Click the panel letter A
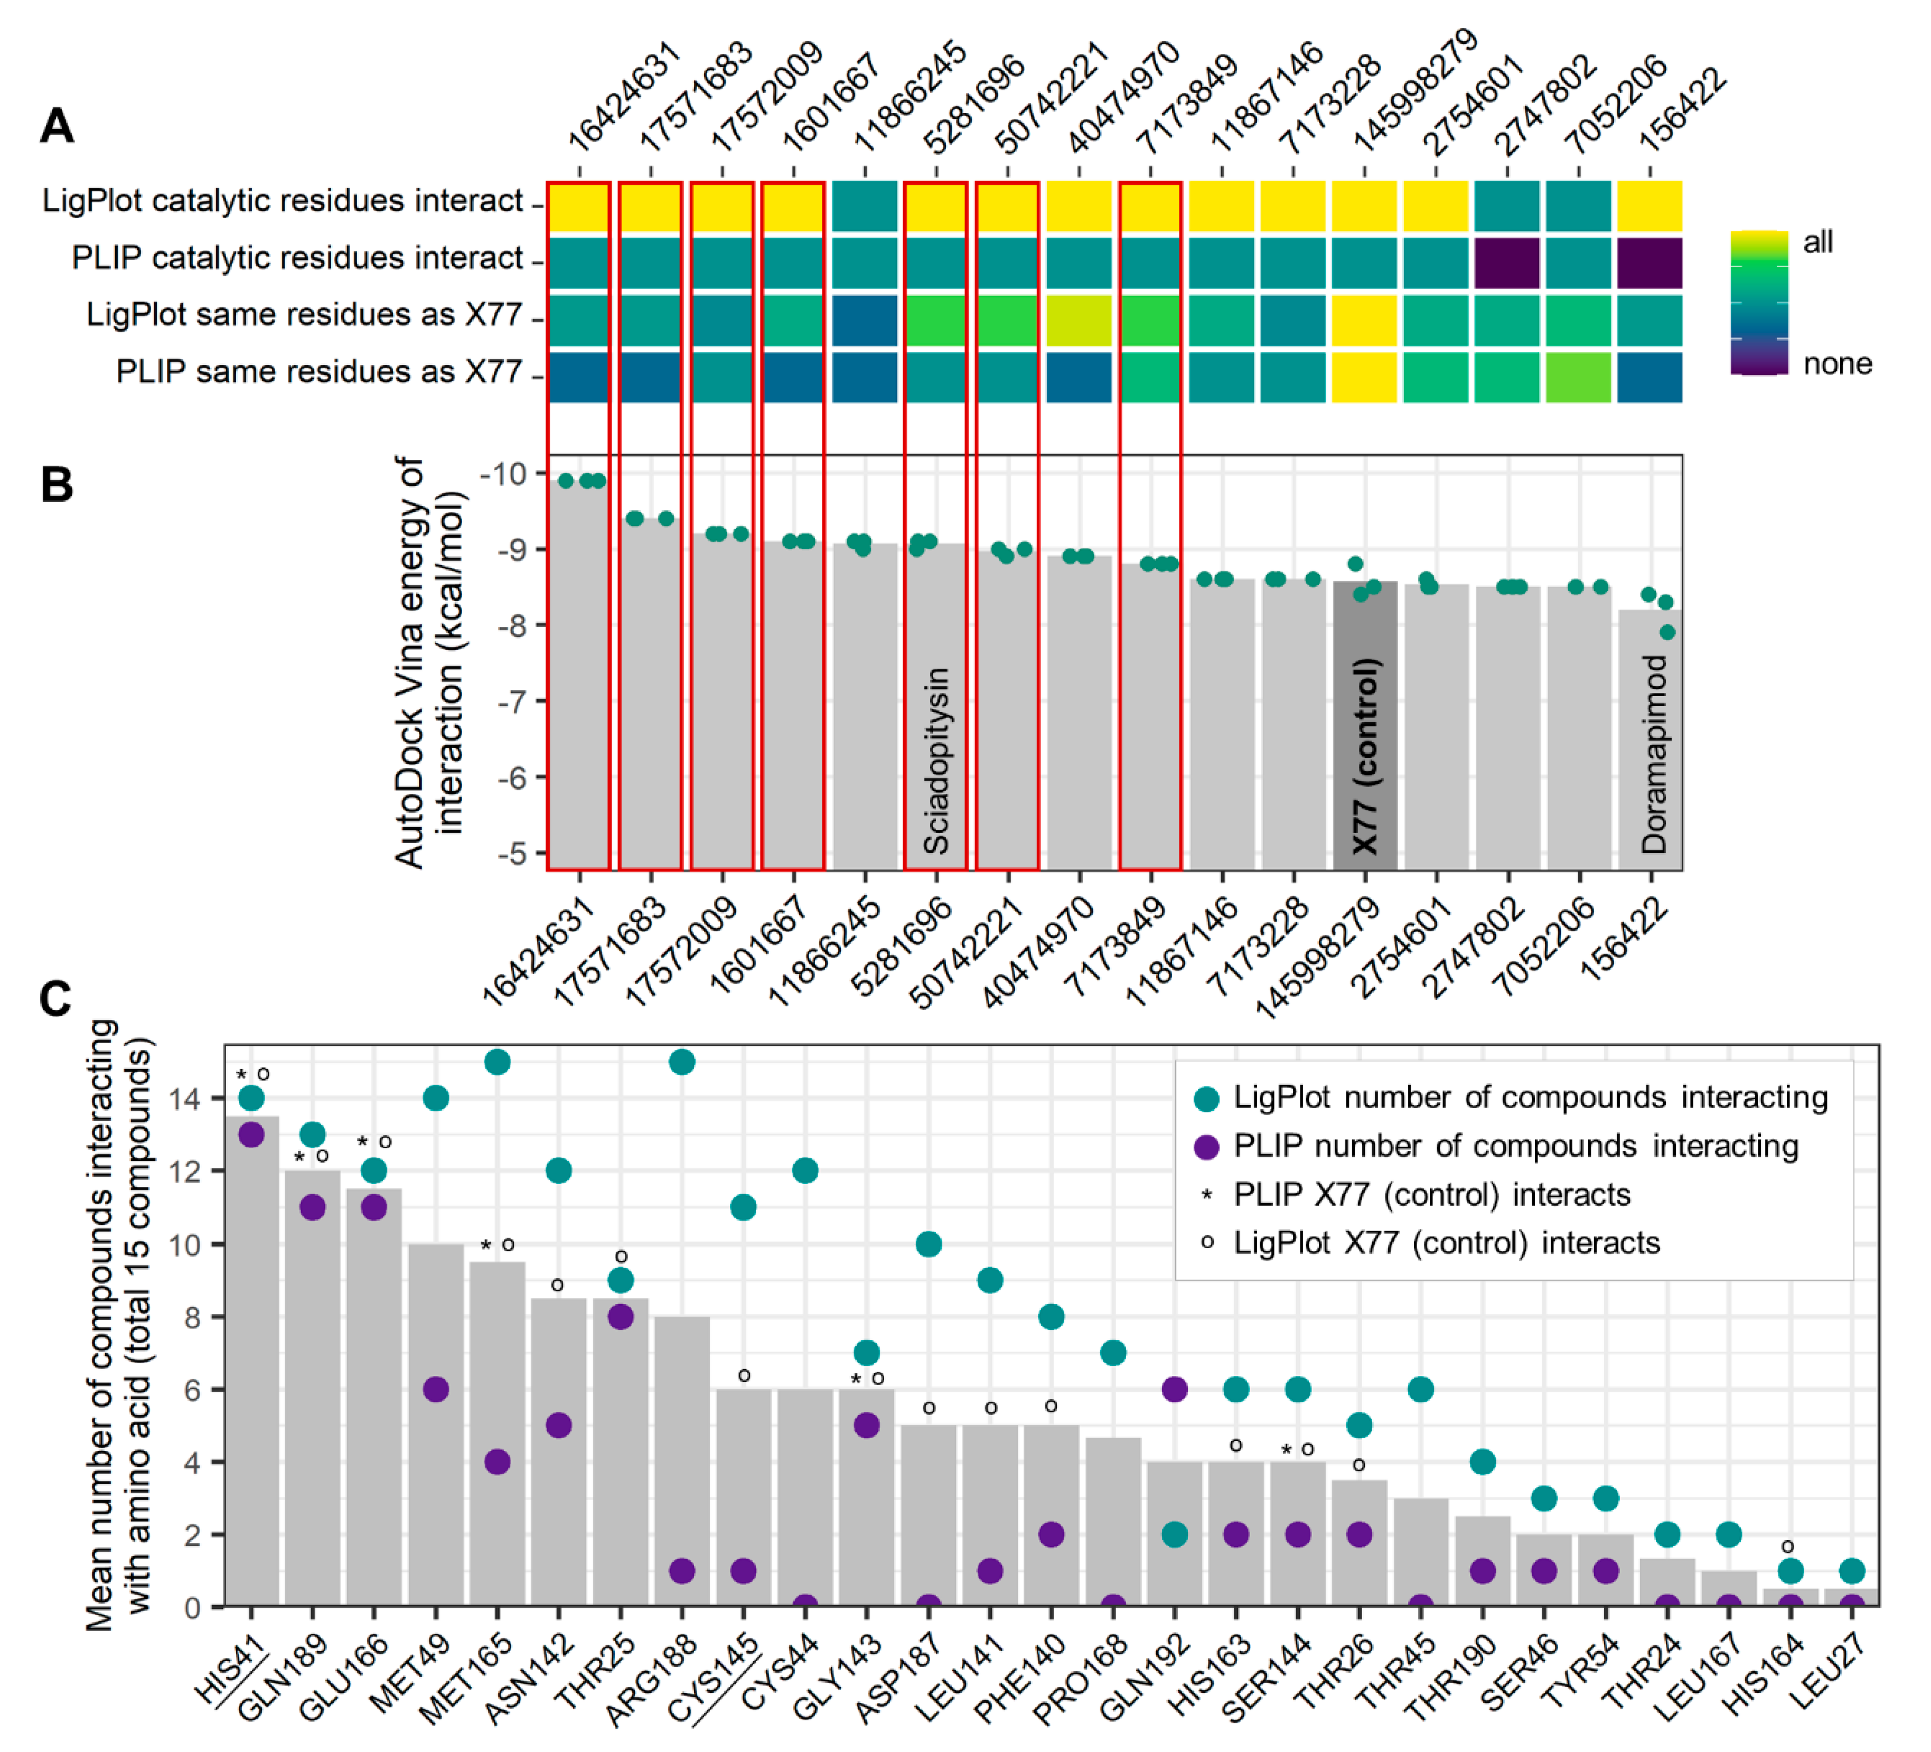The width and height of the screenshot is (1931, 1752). pyautogui.click(x=57, y=126)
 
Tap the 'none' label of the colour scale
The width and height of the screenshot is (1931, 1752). pyautogui.click(x=1836, y=364)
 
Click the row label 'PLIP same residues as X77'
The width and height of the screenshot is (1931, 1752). pyautogui.click(x=319, y=372)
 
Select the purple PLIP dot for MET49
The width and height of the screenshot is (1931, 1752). pyautogui.click(x=436, y=1389)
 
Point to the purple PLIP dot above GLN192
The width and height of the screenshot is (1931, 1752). pyautogui.click(x=1174, y=1389)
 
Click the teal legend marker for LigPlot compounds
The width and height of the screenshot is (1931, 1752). pyautogui.click(x=1207, y=1099)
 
